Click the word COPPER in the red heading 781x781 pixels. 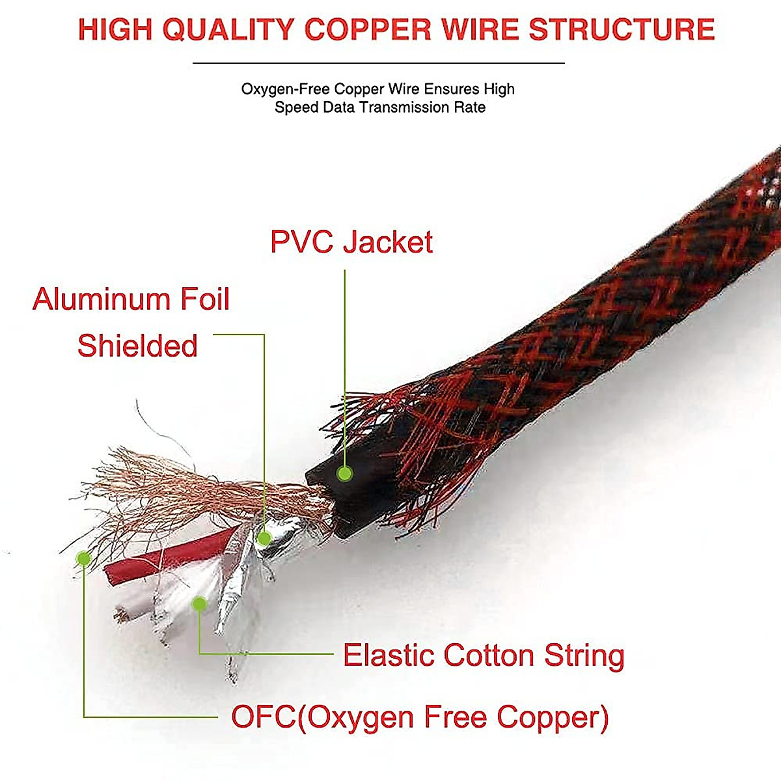click(368, 30)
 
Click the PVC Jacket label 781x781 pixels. click(351, 242)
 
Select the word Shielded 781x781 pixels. click(137, 346)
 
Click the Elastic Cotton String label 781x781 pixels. click(484, 655)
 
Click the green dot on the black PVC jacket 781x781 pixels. click(345, 473)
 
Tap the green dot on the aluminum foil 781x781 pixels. click(264, 538)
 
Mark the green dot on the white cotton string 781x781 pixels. click(200, 604)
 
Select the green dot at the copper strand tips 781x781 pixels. click(83, 558)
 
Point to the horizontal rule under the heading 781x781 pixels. click(378, 63)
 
